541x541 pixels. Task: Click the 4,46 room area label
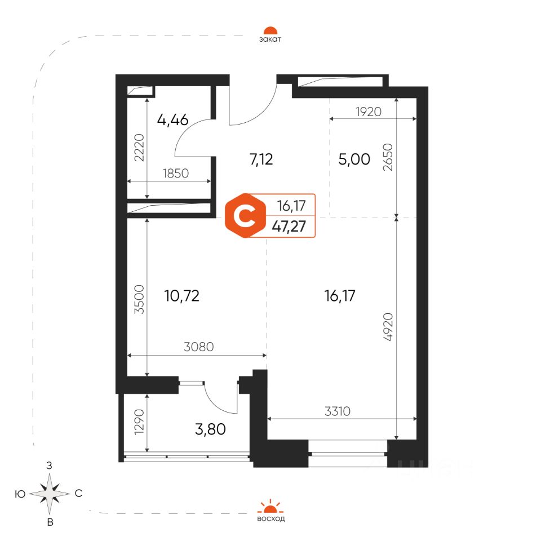pyautogui.click(x=172, y=120)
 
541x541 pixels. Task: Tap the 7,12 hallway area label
pyautogui.click(x=261, y=159)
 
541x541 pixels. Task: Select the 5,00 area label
pyautogui.click(x=354, y=159)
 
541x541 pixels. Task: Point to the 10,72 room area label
pyautogui.click(x=182, y=296)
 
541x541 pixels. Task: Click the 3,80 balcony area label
pyautogui.click(x=210, y=429)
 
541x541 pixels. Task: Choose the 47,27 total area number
pyautogui.click(x=289, y=227)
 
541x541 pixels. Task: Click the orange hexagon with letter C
pyautogui.click(x=245, y=216)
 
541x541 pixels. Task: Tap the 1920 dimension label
pyautogui.click(x=369, y=112)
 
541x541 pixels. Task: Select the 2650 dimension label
pyautogui.click(x=388, y=157)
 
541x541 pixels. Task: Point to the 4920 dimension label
pyautogui.click(x=388, y=327)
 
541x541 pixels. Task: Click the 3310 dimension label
pyautogui.click(x=338, y=411)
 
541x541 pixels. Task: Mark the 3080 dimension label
pyautogui.click(x=199, y=347)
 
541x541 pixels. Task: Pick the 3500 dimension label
pyautogui.click(x=139, y=299)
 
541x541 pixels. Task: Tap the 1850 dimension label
pyautogui.click(x=176, y=173)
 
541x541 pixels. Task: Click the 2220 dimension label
pyautogui.click(x=139, y=148)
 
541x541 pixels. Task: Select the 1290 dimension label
pyautogui.click(x=139, y=422)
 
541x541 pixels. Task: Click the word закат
pyautogui.click(x=270, y=39)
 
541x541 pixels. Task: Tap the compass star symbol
pyautogui.click(x=50, y=494)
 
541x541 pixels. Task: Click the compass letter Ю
pyautogui.click(x=20, y=494)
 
